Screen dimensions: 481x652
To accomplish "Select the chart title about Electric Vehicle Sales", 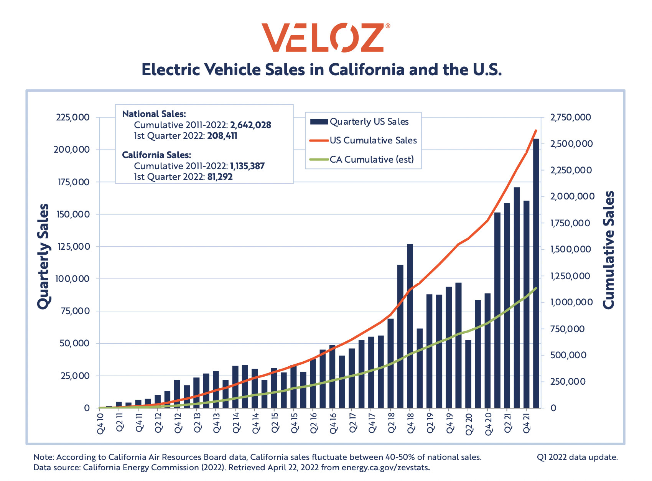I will [x=321, y=70].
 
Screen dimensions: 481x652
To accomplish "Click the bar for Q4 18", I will [x=410, y=326].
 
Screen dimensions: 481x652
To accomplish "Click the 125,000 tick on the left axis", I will [x=72, y=247].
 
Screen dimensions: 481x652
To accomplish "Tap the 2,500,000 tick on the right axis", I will [x=571, y=144].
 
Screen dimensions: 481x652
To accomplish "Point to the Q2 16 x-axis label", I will [x=313, y=422].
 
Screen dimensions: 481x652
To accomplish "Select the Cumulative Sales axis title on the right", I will [x=609, y=249].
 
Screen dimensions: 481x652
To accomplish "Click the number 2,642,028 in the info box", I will [x=250, y=125].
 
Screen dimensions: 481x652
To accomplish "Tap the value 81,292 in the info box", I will [x=220, y=177].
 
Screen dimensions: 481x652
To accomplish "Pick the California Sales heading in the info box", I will [x=156, y=155].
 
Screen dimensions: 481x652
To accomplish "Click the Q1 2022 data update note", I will [x=577, y=457].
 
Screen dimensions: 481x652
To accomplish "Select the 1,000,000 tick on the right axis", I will [x=571, y=302].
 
